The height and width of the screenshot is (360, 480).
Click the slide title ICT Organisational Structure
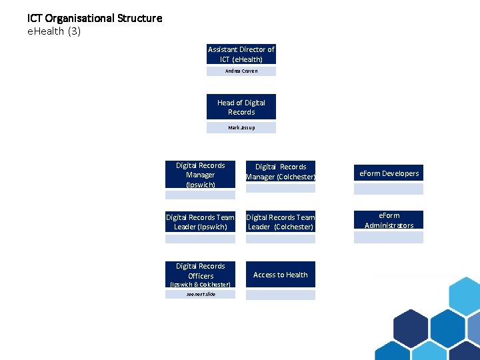(x=95, y=18)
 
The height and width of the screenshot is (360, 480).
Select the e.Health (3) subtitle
(x=54, y=31)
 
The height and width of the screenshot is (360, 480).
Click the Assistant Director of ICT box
(x=241, y=54)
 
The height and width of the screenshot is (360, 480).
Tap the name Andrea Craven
(x=241, y=71)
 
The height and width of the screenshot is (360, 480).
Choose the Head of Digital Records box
(x=241, y=107)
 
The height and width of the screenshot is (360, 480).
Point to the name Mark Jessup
(x=241, y=127)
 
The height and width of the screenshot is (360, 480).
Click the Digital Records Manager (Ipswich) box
(x=201, y=175)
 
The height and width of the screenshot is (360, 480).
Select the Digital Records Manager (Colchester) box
(x=281, y=171)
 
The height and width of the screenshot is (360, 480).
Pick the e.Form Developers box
(x=389, y=173)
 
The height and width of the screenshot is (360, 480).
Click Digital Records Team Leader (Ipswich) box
(x=201, y=222)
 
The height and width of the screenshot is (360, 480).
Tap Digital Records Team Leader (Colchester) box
(x=281, y=222)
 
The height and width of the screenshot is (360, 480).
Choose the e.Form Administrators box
(x=389, y=220)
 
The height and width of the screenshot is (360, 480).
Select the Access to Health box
(x=281, y=275)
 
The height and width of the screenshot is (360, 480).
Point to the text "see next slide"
(x=201, y=294)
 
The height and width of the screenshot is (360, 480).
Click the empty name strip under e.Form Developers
(x=389, y=189)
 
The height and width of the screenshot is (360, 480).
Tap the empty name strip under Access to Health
(x=281, y=295)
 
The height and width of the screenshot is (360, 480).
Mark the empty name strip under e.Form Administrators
(x=389, y=237)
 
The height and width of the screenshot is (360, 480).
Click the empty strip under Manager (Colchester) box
(x=281, y=189)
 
